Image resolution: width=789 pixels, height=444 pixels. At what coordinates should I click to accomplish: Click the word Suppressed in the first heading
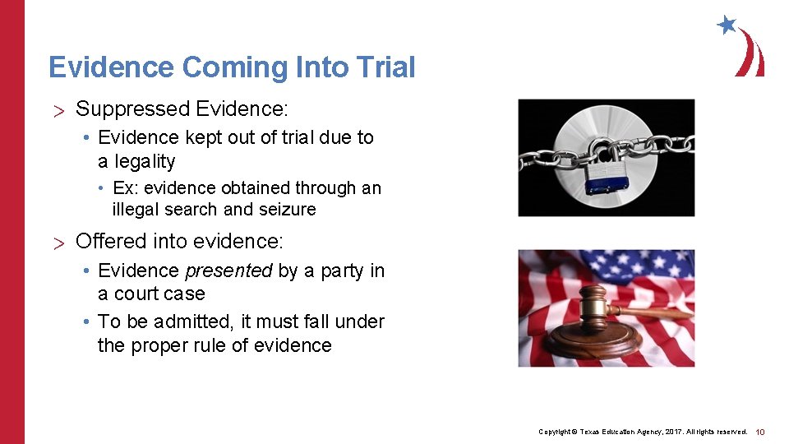tap(131, 109)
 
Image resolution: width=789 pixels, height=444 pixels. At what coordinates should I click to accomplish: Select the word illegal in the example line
tap(137, 210)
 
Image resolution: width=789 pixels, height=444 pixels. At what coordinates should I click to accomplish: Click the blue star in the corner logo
tap(726, 25)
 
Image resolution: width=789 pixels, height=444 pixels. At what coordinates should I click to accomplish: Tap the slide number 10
tap(760, 432)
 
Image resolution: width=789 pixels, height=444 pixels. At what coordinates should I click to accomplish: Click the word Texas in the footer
tap(593, 432)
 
